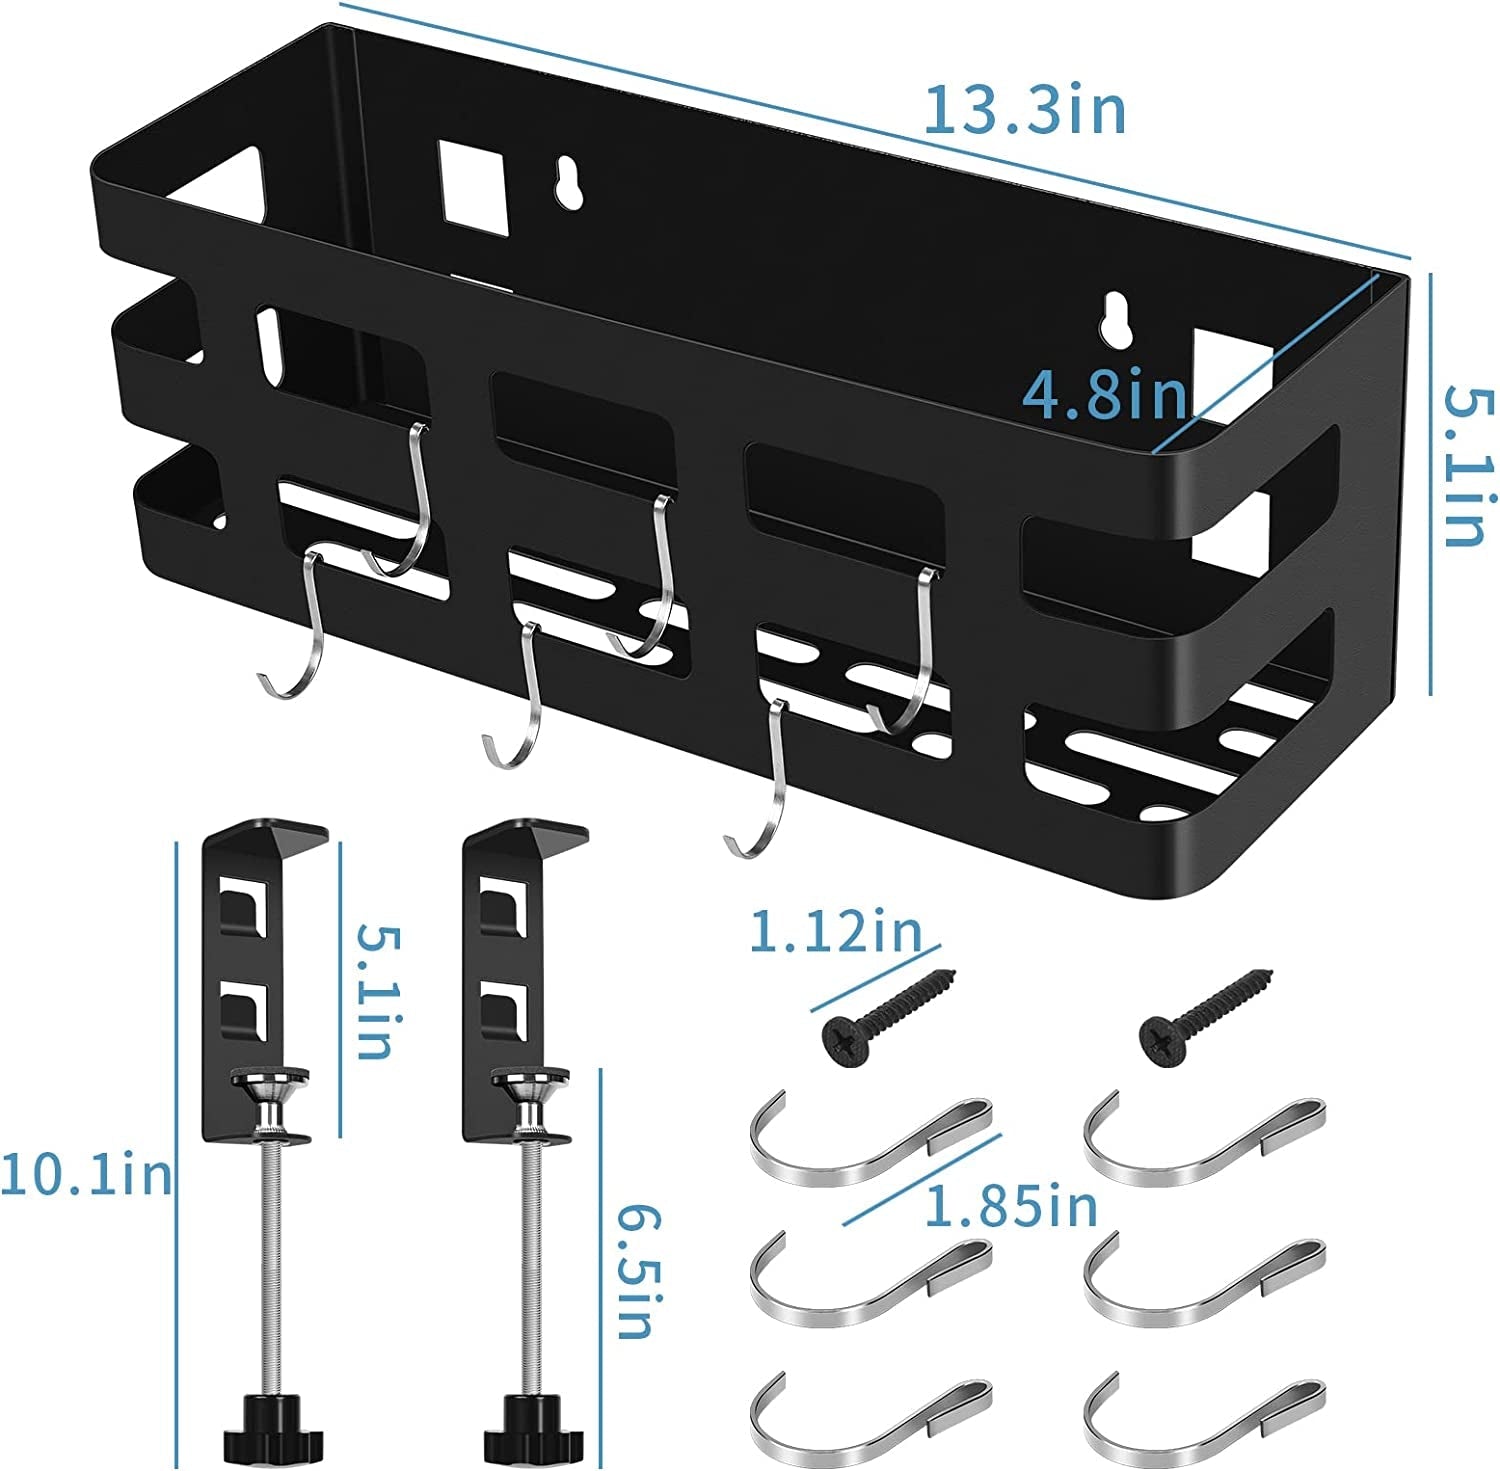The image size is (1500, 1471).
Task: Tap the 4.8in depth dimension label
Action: tap(1104, 396)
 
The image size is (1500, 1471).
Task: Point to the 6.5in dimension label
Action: tap(633, 1270)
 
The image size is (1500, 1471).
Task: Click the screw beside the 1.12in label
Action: tap(888, 1014)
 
